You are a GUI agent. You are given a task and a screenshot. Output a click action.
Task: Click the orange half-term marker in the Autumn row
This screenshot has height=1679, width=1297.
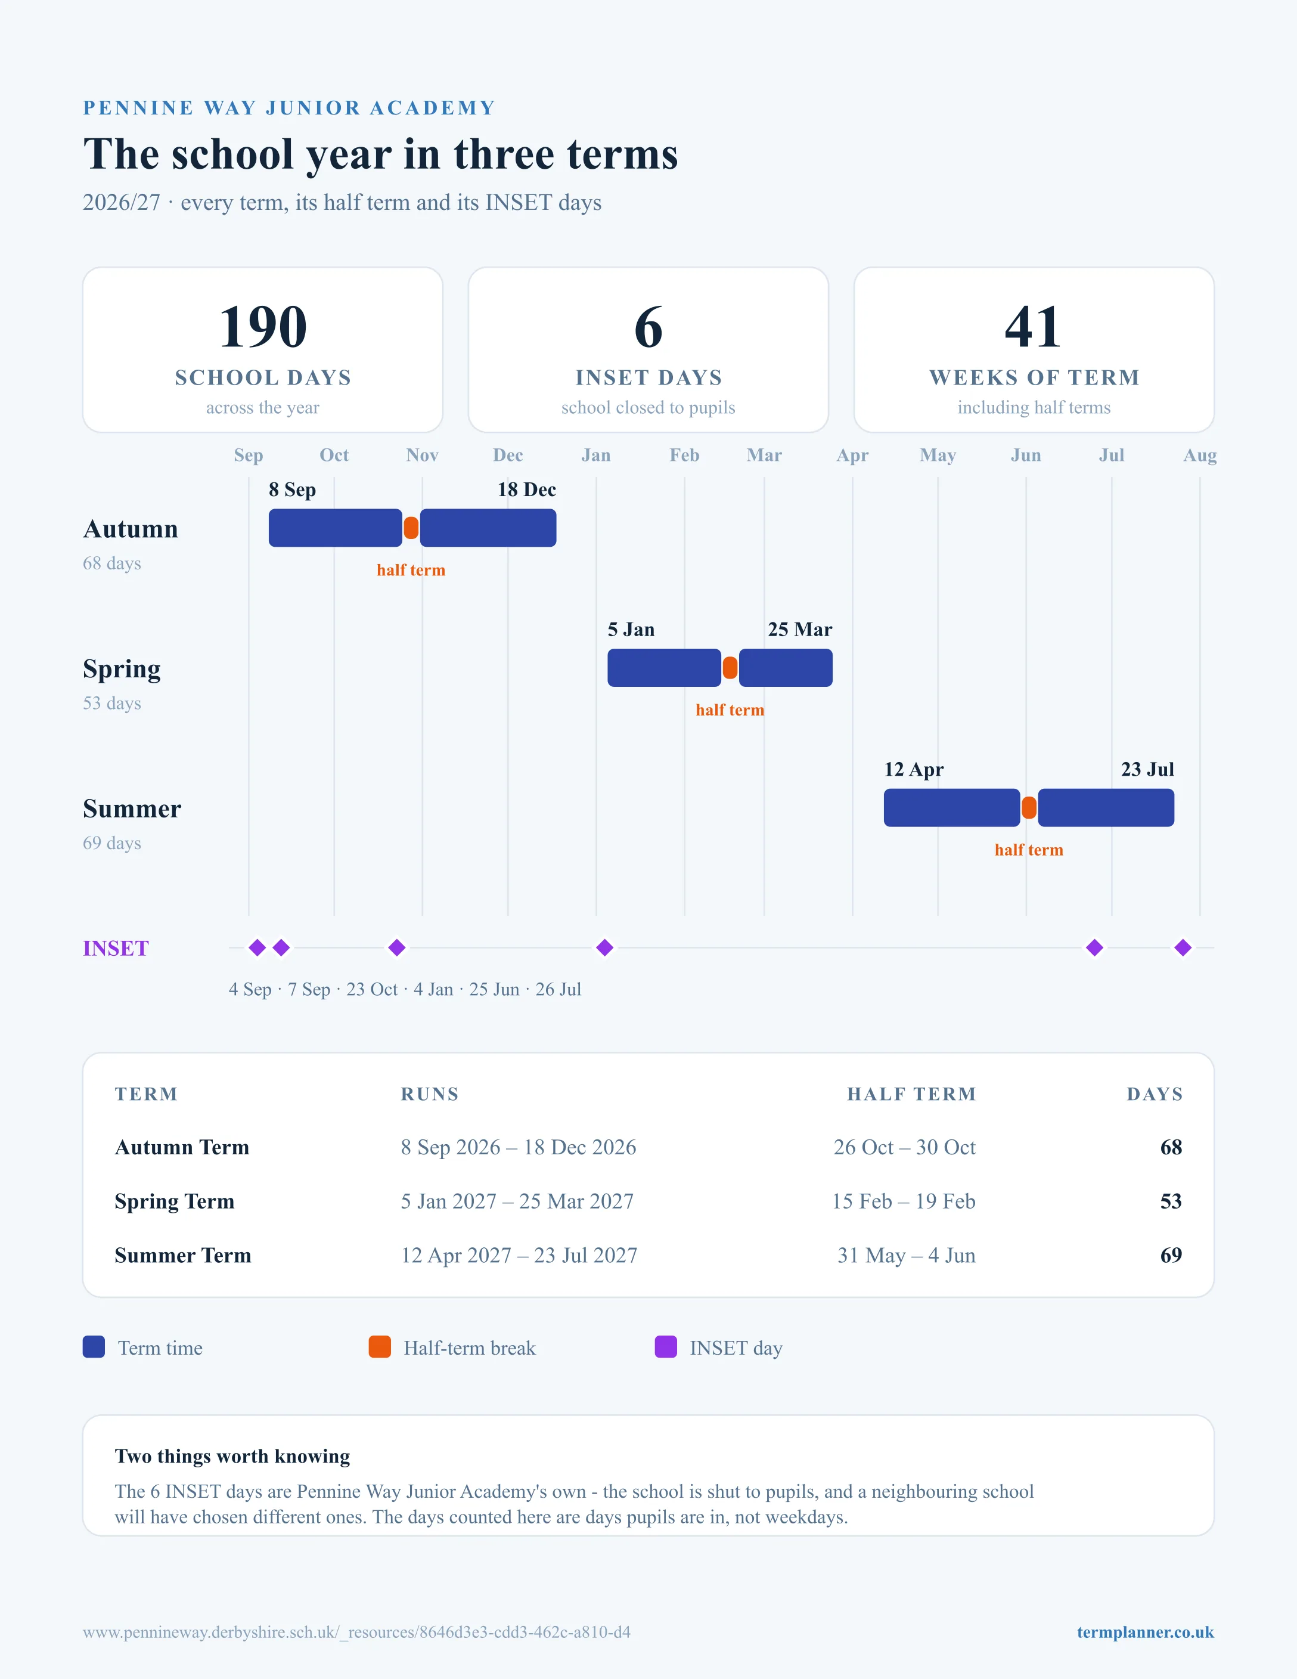[x=411, y=528]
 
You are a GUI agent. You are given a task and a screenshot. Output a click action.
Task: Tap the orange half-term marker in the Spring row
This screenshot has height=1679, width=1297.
[x=730, y=668]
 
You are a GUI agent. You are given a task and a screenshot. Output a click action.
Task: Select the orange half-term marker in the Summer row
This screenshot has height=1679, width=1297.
[x=1029, y=808]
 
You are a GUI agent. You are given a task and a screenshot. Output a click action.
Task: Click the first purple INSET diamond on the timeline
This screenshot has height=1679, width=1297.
[x=257, y=948]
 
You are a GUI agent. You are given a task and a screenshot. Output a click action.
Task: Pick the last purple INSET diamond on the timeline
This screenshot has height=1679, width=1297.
[x=1183, y=948]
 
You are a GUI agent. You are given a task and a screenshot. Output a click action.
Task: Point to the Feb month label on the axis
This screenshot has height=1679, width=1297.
[x=685, y=455]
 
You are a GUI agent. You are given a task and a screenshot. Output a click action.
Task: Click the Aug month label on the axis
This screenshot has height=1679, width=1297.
[x=1200, y=455]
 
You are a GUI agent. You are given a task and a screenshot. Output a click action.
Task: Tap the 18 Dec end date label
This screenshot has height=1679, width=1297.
[x=526, y=490]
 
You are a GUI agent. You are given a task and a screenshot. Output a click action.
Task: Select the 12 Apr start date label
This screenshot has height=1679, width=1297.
[x=914, y=770]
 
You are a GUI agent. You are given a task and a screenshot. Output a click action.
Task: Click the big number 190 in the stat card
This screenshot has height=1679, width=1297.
[x=263, y=327]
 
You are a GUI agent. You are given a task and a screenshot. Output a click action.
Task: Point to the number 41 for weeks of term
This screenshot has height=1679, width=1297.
[x=1034, y=327]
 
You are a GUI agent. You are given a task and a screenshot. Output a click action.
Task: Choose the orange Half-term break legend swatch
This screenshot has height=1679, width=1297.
[x=380, y=1347]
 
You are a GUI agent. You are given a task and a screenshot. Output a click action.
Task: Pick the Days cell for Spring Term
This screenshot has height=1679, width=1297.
[x=1171, y=1201]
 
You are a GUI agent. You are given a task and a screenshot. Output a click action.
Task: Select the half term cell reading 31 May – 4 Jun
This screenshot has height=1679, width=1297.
[x=906, y=1256]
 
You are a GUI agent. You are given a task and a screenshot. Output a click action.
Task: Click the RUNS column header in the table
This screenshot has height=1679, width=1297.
[x=430, y=1094]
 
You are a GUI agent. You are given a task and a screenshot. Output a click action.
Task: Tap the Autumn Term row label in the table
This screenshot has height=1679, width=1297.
[x=182, y=1147]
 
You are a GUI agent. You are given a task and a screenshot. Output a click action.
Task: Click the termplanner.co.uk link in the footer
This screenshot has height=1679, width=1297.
[x=1145, y=1632]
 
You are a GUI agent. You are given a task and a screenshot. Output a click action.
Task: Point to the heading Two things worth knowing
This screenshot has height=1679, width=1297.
[x=232, y=1456]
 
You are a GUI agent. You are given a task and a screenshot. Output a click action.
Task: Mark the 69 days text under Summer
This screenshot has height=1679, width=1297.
[x=112, y=843]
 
